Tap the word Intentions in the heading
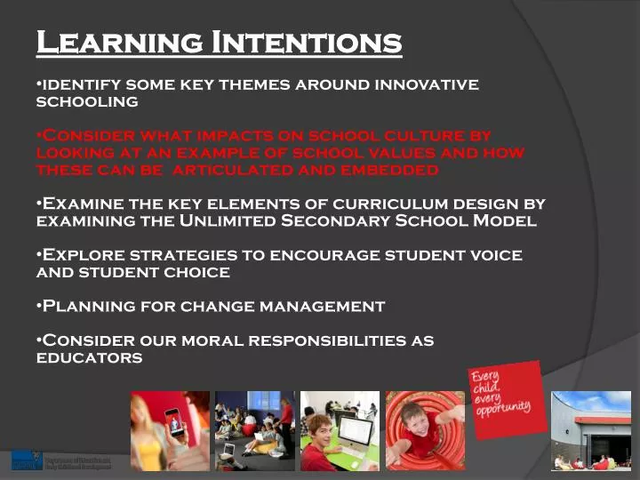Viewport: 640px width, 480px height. tap(306, 42)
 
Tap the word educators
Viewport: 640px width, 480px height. tap(89, 357)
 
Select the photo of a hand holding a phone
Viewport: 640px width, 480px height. tap(170, 430)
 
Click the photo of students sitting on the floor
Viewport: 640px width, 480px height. tap(254, 430)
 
